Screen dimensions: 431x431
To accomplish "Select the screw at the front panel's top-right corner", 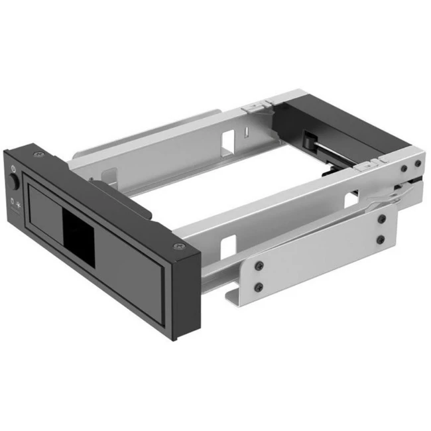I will point(177,247).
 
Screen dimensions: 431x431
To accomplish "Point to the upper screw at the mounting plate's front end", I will point(260,265).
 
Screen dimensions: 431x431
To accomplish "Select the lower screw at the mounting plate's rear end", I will point(381,239).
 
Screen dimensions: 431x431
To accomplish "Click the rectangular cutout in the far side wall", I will point(227,138).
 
